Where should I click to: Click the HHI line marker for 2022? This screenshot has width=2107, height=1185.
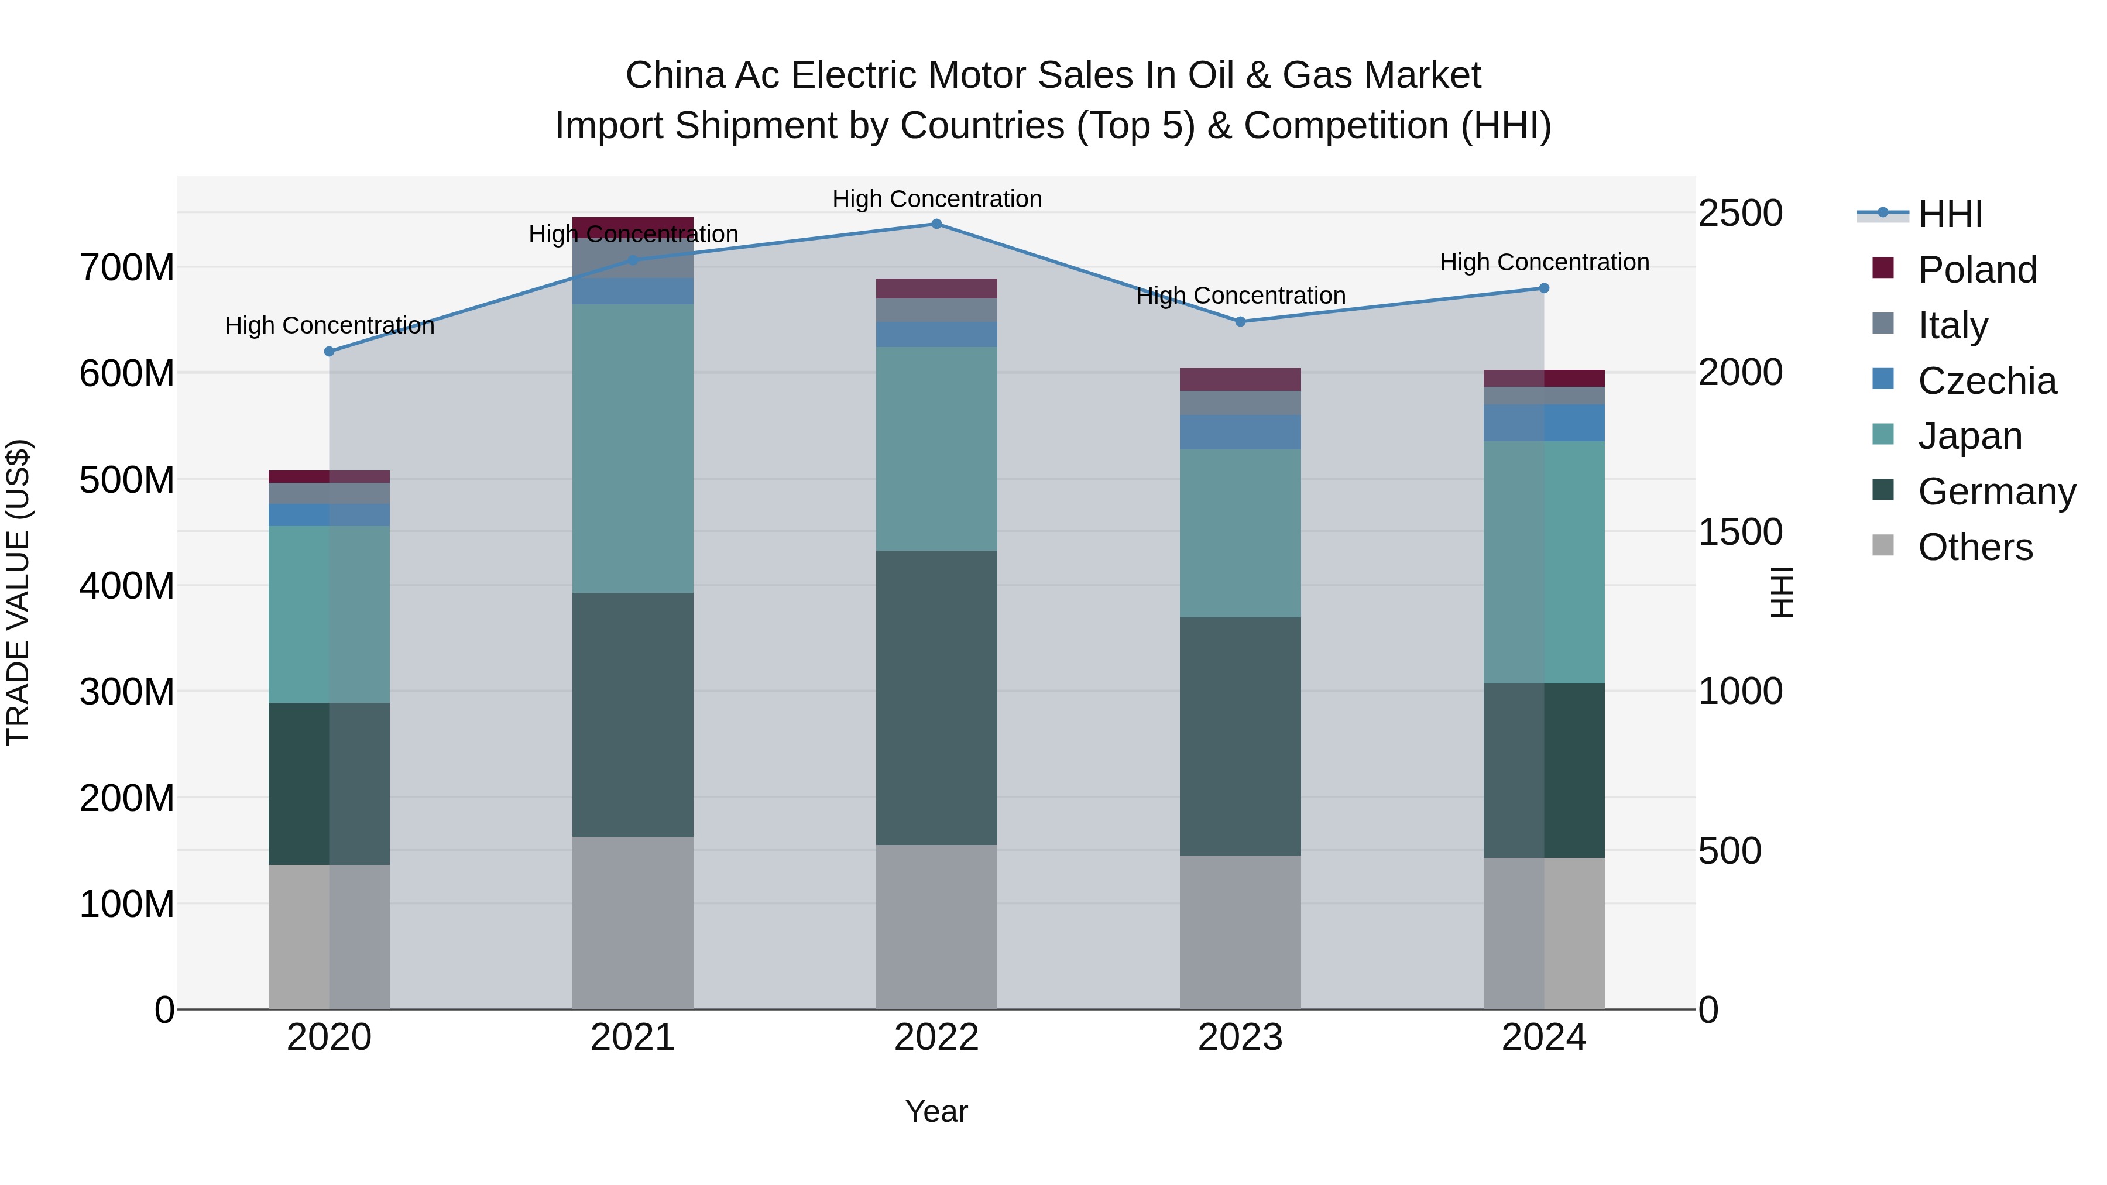[936, 224]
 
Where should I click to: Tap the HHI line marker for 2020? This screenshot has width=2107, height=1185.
[330, 352]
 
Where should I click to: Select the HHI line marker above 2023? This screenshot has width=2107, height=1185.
[1240, 321]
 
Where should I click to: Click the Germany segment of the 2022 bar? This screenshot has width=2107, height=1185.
[936, 697]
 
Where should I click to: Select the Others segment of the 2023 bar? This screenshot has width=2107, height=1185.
[1240, 932]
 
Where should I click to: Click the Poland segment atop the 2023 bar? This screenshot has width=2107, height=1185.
[1240, 379]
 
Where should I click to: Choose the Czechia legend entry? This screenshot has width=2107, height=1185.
[1986, 381]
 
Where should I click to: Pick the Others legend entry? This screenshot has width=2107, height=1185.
[1975, 547]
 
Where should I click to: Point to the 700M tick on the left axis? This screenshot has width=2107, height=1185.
[127, 267]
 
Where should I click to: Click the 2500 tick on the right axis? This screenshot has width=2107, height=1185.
[1741, 214]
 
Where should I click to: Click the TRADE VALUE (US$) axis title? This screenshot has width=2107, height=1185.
[18, 592]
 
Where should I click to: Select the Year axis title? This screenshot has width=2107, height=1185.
[936, 1111]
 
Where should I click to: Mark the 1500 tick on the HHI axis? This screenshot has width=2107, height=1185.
[1741, 533]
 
